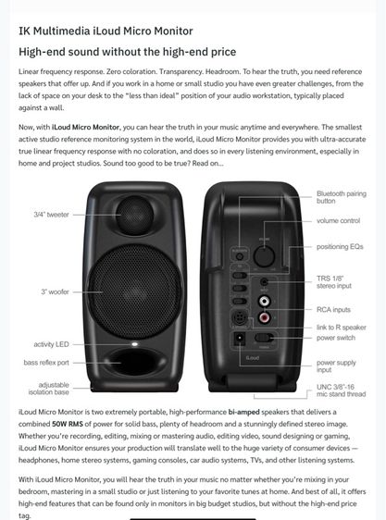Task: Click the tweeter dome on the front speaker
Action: click(135, 214)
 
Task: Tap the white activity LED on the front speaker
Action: click(134, 344)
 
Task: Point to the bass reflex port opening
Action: click(134, 362)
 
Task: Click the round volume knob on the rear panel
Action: click(264, 256)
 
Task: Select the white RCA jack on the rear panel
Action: click(264, 301)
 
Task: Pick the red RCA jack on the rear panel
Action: click(264, 317)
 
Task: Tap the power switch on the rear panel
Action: click(264, 338)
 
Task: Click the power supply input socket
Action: click(240, 339)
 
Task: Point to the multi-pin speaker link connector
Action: click(239, 317)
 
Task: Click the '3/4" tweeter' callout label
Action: click(52, 215)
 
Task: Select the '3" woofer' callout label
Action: click(56, 291)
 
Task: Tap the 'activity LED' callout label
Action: click(52, 344)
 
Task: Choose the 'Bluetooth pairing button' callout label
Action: click(342, 197)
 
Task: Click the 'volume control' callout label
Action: click(338, 220)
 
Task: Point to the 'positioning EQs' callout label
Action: click(340, 246)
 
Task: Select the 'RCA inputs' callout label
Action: click(333, 309)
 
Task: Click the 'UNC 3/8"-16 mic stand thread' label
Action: click(341, 390)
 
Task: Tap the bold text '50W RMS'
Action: click(68, 424)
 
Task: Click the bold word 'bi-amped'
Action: click(244, 412)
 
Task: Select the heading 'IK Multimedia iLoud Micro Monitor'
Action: click(106, 31)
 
